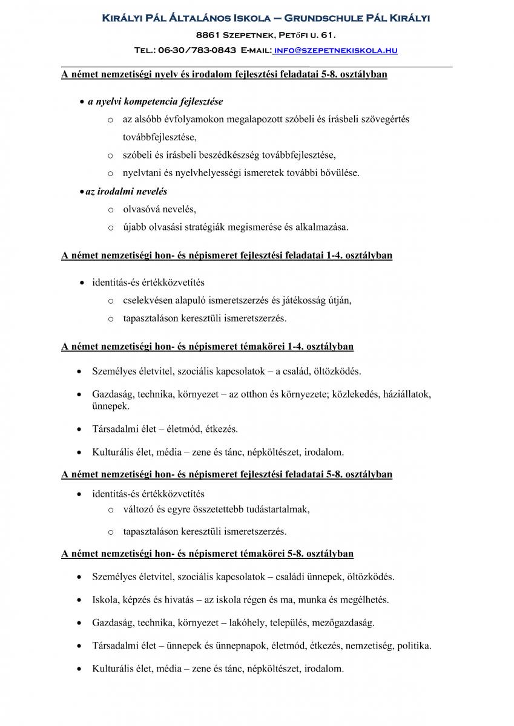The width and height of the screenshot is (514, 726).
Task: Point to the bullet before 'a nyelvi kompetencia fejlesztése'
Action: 82,102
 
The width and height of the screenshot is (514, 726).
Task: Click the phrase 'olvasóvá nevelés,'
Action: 159,209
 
